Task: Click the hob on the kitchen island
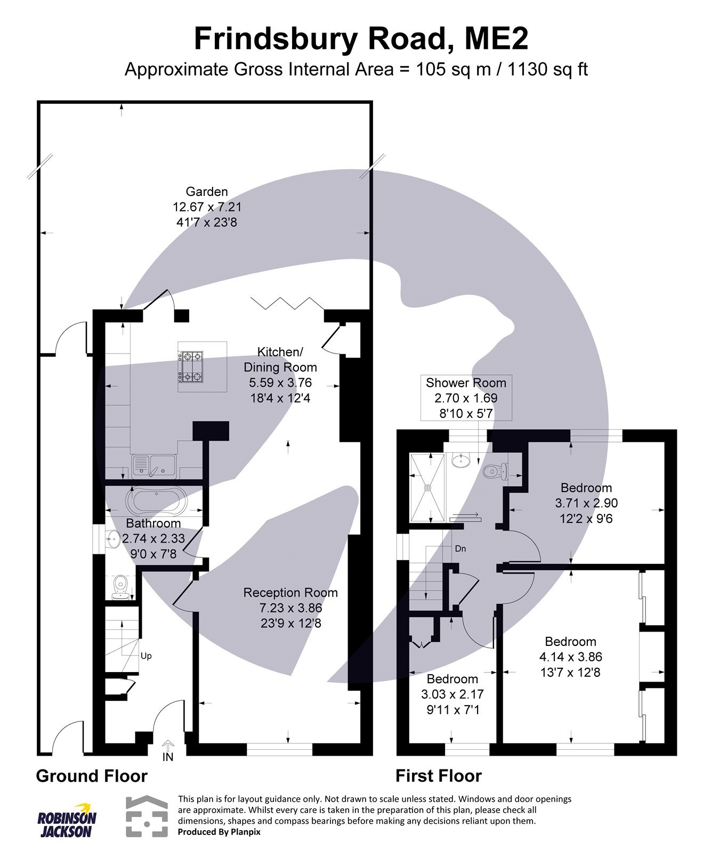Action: pos(190,366)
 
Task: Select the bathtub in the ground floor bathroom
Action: pos(155,500)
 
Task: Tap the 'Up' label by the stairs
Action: pos(146,656)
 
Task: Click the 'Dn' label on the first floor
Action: pos(460,548)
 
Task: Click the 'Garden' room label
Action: pos(207,192)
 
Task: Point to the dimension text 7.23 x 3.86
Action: pos(290,608)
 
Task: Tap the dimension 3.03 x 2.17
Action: pos(452,694)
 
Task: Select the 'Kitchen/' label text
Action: pos(280,352)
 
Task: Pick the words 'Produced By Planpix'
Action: pos(219,832)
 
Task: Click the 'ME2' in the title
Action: pos(495,39)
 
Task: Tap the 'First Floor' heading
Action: pos(438,776)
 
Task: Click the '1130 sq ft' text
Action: pos(547,69)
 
